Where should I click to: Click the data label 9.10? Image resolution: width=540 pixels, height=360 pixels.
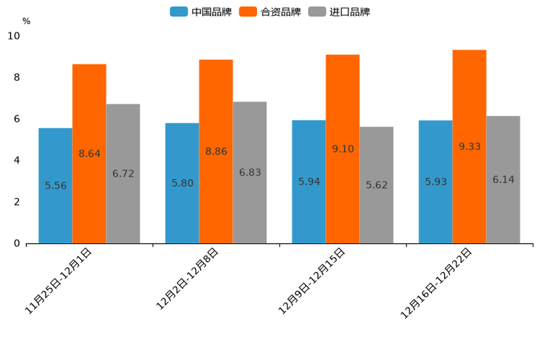click(343, 149)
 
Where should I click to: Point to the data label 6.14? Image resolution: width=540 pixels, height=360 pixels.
click(503, 179)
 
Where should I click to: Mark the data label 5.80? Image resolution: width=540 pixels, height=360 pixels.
click(182, 183)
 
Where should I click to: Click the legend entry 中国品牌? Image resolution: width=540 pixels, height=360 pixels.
click(201, 12)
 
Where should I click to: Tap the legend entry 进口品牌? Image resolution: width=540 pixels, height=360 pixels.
click(339, 12)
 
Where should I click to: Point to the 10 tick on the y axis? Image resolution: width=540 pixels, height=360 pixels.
click(14, 36)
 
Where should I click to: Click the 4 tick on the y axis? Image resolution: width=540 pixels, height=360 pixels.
click(17, 160)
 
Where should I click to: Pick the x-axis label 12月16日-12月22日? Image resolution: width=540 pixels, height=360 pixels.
click(437, 283)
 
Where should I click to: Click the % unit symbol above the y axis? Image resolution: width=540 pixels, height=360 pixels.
click(26, 21)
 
